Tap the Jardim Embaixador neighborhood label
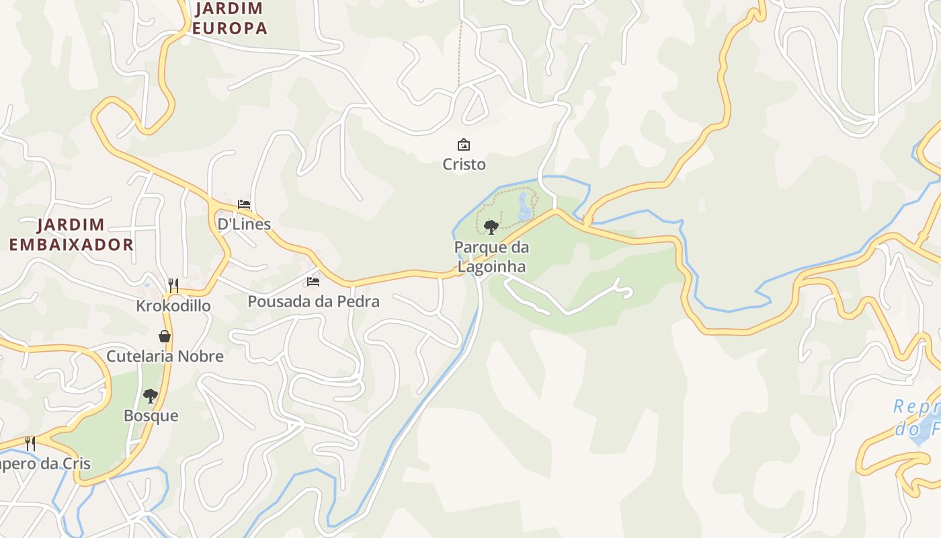tap(71, 234)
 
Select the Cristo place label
tap(464, 164)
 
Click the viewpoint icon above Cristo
tap(464, 144)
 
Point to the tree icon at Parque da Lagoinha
tap(491, 227)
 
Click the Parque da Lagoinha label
tap(491, 256)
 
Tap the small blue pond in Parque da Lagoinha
tap(524, 207)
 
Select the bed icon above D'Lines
tap(244, 204)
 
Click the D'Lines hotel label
tap(244, 224)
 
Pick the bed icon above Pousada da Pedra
tap(313, 282)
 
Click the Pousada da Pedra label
tap(313, 301)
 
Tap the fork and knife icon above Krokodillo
tap(173, 286)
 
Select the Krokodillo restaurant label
tap(173, 306)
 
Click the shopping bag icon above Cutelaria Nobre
tap(165, 336)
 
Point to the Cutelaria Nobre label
tap(165, 356)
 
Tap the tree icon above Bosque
tap(151, 396)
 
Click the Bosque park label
tap(151, 416)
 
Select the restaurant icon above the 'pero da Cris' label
tap(30, 443)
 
